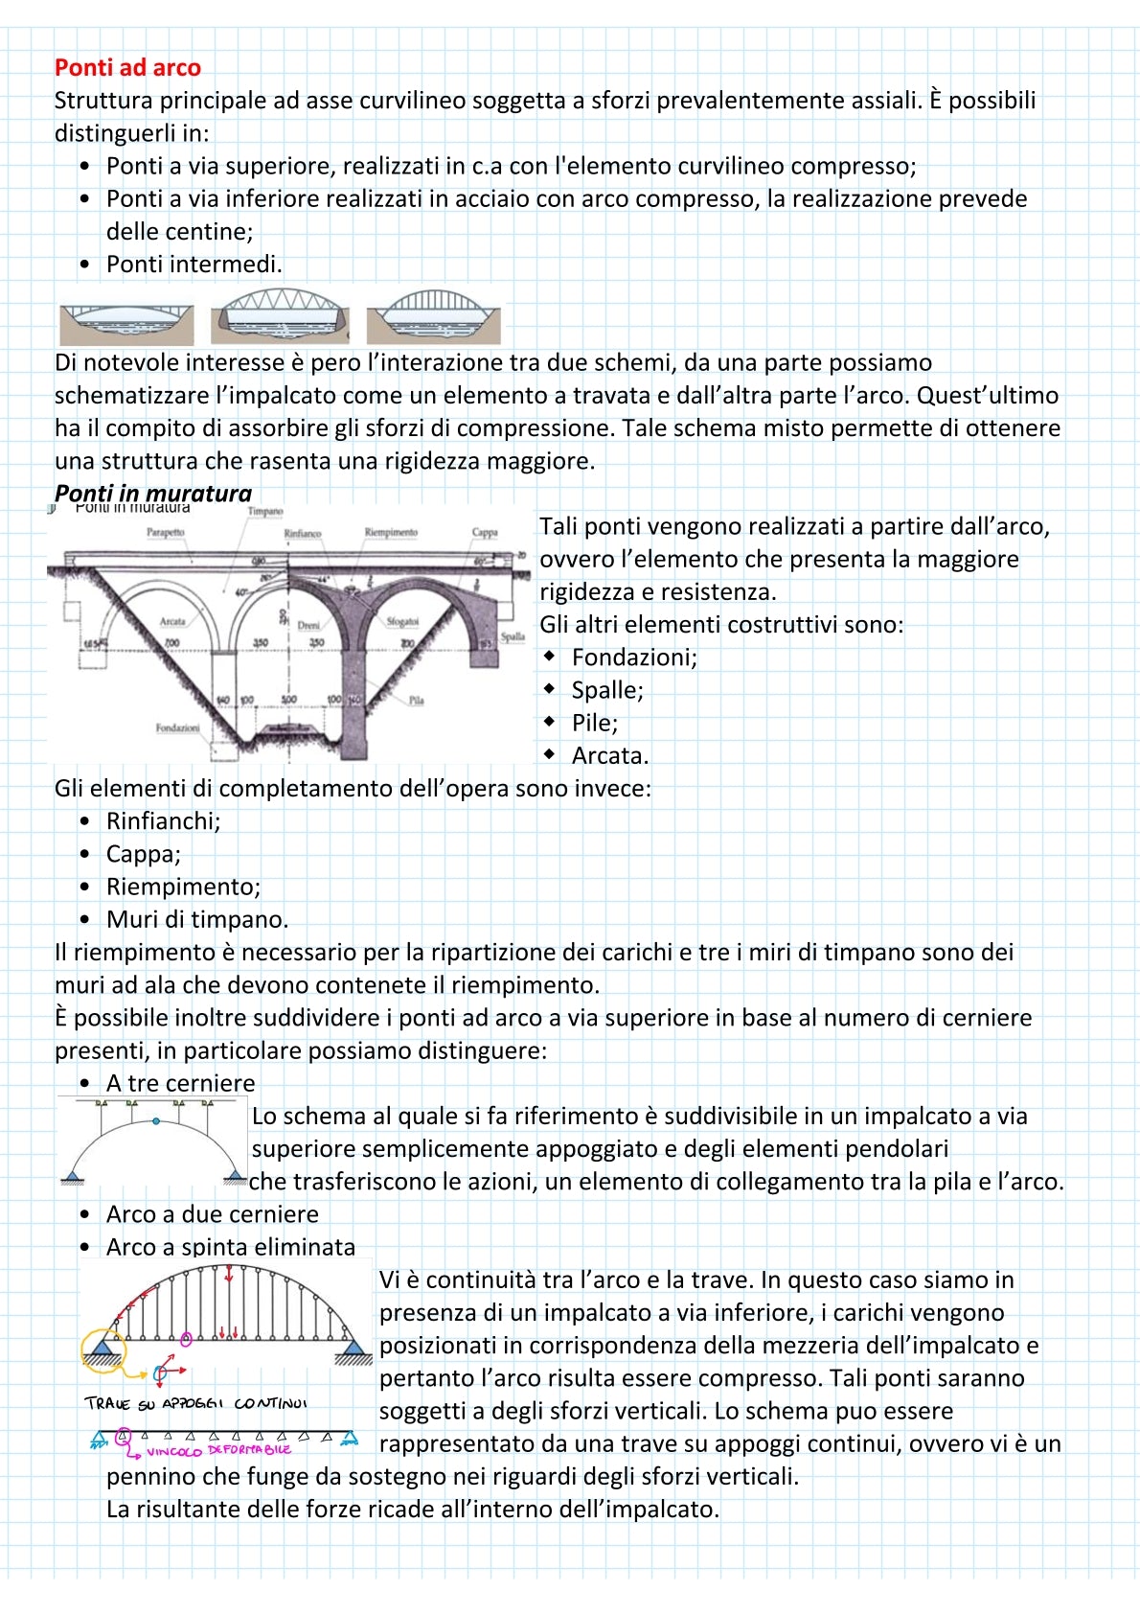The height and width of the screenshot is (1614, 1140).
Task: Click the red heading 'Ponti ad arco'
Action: [127, 68]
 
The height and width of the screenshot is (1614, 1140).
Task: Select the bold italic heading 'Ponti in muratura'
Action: [153, 493]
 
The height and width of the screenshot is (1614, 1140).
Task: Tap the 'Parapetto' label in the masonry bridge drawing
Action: [166, 532]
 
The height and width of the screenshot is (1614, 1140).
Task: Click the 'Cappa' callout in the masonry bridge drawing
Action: [485, 533]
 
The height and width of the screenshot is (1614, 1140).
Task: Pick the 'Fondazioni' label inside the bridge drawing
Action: [178, 728]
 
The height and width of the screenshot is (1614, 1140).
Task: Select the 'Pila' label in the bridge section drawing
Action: [416, 701]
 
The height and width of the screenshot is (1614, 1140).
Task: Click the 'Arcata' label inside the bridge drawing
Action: [172, 621]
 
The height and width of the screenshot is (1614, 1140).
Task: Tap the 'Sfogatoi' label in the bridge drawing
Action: [402, 621]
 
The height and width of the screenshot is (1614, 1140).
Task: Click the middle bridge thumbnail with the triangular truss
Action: [280, 312]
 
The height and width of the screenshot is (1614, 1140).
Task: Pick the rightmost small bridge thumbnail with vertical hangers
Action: [433, 313]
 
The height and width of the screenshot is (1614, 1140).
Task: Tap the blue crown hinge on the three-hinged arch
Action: [155, 1120]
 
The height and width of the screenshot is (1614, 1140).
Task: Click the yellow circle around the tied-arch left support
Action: [103, 1348]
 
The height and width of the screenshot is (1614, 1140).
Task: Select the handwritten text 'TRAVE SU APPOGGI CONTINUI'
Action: [195, 1404]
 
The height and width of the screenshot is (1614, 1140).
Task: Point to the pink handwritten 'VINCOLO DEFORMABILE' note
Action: [218, 1450]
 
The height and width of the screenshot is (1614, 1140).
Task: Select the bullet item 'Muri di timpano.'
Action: [196, 919]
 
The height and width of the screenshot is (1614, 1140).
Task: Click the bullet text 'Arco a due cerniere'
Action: [212, 1214]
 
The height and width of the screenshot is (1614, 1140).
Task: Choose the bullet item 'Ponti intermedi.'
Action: [194, 264]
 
